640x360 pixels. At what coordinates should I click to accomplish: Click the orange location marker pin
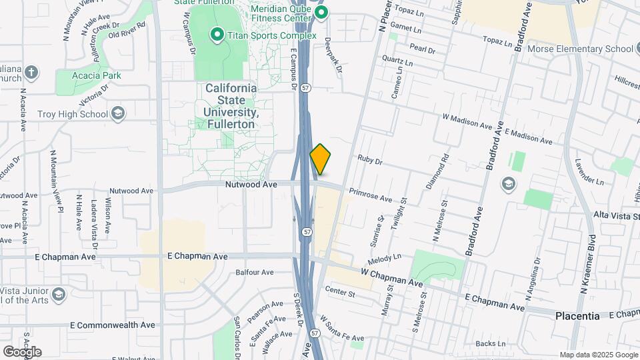[x=321, y=159]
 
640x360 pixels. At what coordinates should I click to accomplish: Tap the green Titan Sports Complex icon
[x=217, y=34]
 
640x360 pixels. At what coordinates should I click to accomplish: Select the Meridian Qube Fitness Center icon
[x=321, y=12]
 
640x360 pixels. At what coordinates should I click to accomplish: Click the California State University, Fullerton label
[x=230, y=106]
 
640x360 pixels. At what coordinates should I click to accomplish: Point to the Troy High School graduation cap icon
[x=118, y=113]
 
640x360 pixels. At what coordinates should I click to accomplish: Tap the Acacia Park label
[x=98, y=75]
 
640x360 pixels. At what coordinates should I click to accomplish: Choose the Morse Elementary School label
[x=579, y=49]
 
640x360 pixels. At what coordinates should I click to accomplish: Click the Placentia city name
[x=577, y=316]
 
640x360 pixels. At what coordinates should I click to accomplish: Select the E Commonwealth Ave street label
[x=112, y=325]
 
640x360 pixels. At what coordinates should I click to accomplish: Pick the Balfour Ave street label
[x=255, y=272]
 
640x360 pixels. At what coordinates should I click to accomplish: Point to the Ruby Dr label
[x=369, y=160]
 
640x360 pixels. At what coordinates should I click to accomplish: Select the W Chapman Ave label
[x=392, y=273]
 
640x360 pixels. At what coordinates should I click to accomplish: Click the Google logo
[x=22, y=351]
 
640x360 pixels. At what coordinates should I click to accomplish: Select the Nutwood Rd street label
[x=131, y=191]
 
